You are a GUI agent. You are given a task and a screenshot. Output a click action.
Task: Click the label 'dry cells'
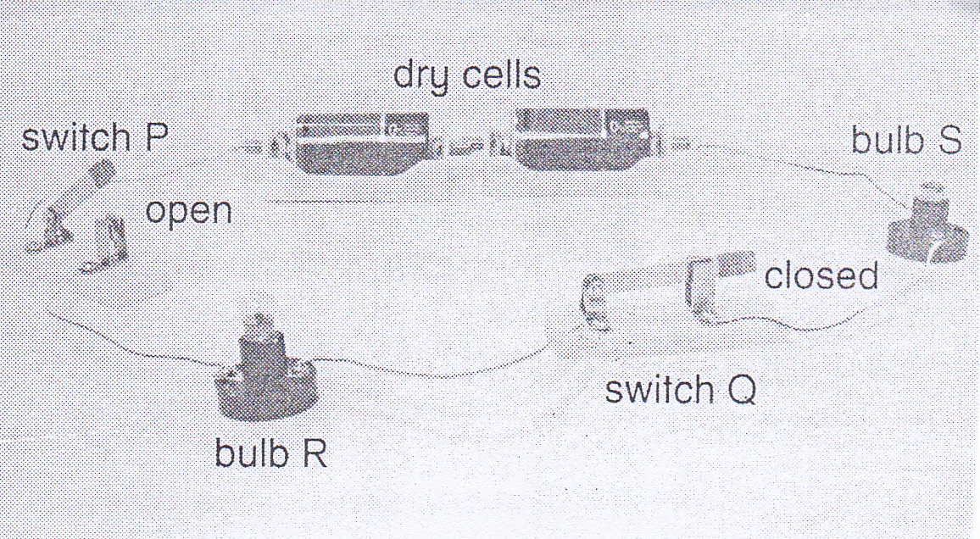point(466,75)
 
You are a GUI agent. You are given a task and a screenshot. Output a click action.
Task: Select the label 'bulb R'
point(270,453)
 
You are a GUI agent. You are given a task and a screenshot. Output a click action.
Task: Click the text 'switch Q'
point(679,390)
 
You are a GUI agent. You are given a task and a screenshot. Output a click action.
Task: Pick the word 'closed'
point(821,275)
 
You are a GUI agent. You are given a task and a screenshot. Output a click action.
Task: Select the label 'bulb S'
point(906,141)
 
